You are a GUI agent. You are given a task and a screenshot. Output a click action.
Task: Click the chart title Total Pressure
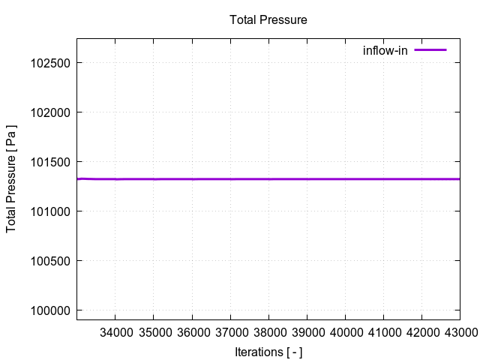tap(268, 20)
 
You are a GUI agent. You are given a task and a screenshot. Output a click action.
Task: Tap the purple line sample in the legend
tap(430, 50)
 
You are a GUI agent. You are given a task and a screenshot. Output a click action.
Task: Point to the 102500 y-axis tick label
tap(49, 63)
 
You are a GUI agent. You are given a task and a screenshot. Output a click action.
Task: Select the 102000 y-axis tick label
tap(49, 112)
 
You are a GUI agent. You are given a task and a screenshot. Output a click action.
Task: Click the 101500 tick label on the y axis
tap(49, 162)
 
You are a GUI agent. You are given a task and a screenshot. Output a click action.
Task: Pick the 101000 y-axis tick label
tap(49, 211)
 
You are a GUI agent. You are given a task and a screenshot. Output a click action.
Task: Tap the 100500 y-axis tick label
tap(49, 261)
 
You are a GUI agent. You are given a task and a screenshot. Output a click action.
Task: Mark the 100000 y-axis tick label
tap(49, 310)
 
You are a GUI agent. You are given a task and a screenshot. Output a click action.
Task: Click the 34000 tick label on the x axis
tap(115, 332)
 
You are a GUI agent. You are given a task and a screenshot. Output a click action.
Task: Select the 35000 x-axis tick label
tap(154, 332)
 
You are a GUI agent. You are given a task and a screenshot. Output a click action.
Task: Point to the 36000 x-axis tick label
tap(192, 332)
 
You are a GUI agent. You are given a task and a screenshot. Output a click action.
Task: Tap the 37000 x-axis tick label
tap(230, 332)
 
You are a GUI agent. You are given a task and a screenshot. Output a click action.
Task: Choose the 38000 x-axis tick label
tap(268, 332)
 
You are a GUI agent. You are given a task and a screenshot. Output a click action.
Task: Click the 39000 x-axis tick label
tap(307, 332)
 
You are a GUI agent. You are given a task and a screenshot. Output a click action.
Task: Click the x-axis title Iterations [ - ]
tap(268, 352)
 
